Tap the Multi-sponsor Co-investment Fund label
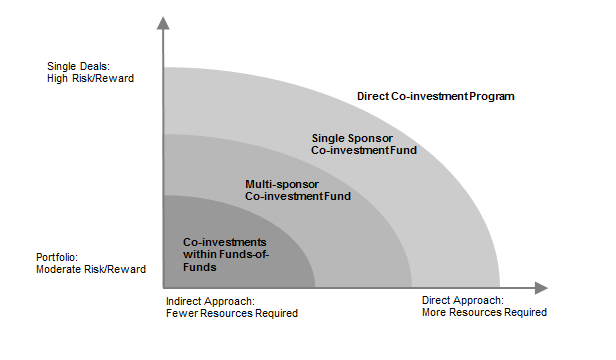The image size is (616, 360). click(298, 190)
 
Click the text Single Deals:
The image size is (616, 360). click(74, 66)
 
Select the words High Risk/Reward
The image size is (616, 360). click(90, 78)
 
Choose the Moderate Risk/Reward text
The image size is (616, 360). click(91, 269)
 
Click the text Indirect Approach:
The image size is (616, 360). click(210, 300)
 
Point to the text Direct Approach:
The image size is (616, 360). click(462, 300)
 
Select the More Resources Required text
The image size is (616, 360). click(484, 312)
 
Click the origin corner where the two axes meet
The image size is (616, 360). click(162, 288)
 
